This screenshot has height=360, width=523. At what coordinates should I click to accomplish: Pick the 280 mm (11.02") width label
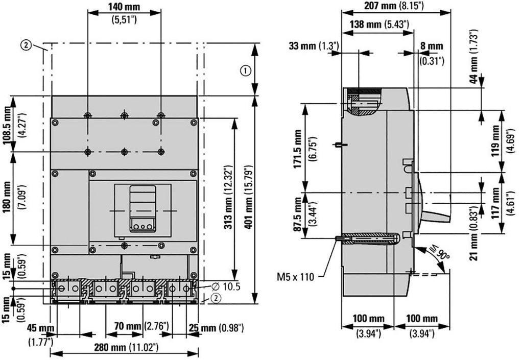point(126,347)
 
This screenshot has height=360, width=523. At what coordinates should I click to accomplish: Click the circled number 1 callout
point(246,71)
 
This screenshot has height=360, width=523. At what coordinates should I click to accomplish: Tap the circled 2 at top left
point(25,45)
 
